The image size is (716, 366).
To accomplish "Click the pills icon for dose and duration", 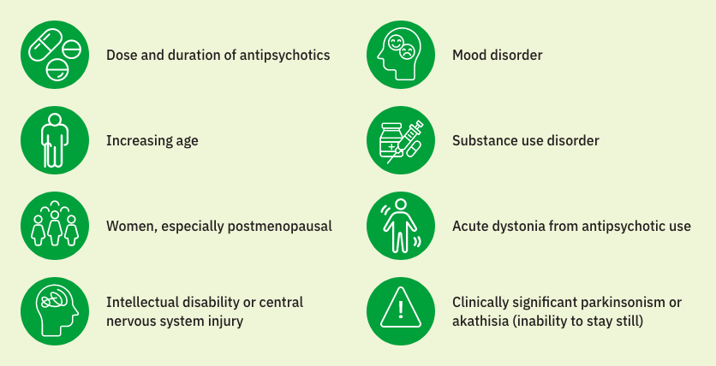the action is [55, 55].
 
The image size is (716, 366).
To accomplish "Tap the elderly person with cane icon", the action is [55, 140].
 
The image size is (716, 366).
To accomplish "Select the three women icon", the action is [55, 226].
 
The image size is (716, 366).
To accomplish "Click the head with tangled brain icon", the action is [55, 311].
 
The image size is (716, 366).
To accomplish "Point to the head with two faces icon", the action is [401, 55].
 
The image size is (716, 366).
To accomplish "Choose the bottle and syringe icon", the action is [401, 140].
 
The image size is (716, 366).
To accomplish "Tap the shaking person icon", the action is [401, 226].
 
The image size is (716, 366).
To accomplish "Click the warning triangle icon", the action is [401, 311].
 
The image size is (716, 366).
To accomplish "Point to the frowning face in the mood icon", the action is [407, 51].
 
